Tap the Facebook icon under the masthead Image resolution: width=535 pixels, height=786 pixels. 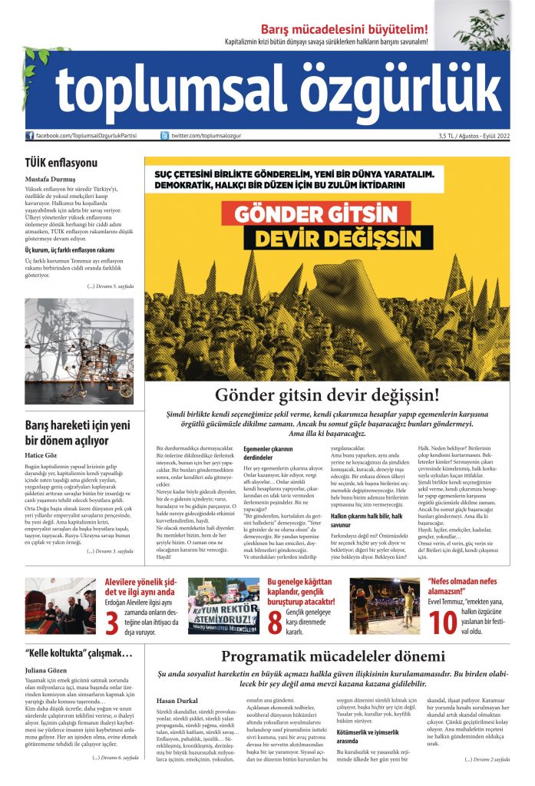click(x=30, y=136)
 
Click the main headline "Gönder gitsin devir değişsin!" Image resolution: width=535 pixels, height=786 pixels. click(x=327, y=395)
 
